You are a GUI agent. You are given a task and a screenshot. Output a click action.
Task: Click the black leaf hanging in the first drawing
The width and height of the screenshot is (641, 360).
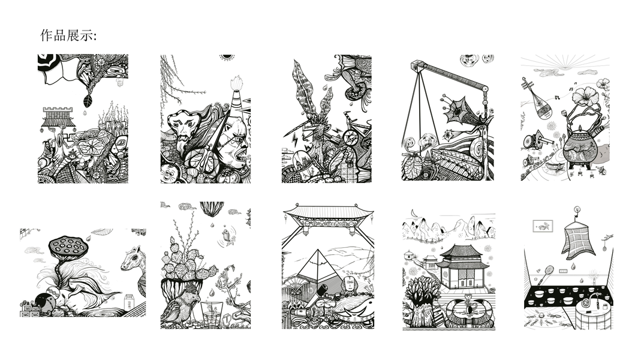click(x=88, y=101)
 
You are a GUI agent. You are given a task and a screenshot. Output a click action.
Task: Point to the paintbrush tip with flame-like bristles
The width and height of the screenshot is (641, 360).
click(x=236, y=83)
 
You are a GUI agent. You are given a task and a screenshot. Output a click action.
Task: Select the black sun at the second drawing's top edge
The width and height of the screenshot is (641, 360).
click(x=227, y=57)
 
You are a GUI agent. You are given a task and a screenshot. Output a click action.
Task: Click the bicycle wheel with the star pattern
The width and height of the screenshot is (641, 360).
click(x=350, y=137)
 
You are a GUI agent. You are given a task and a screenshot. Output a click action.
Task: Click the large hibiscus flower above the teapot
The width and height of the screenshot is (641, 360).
click(x=585, y=97)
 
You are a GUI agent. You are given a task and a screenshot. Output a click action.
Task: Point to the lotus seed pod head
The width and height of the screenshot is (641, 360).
click(x=68, y=246)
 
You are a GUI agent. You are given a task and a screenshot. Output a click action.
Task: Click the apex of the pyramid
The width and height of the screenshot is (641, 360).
click(x=318, y=249)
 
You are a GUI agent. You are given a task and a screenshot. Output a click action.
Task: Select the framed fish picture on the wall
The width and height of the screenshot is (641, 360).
click(x=543, y=226)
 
